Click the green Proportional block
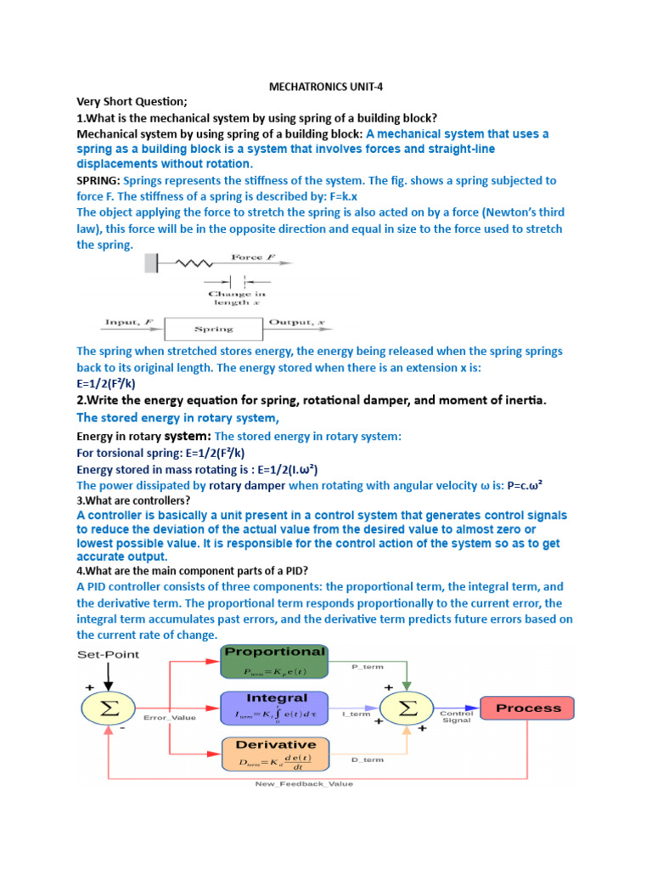(x=273, y=661)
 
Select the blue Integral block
(x=273, y=708)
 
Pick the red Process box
(x=527, y=708)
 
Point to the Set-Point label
(x=108, y=654)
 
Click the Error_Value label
(x=169, y=718)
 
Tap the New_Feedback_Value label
(x=304, y=783)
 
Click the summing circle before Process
(x=408, y=708)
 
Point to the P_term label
(x=367, y=668)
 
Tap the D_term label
(x=367, y=760)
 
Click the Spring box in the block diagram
(x=214, y=329)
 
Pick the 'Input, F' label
(x=128, y=322)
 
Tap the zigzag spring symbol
(x=188, y=264)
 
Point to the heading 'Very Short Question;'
(x=132, y=102)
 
